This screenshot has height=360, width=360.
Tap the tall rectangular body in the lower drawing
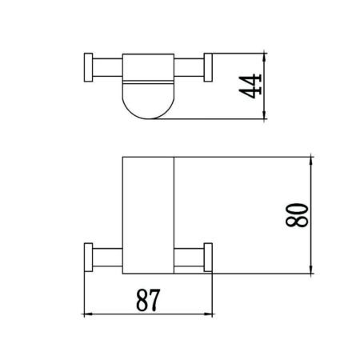pos(149,212)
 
